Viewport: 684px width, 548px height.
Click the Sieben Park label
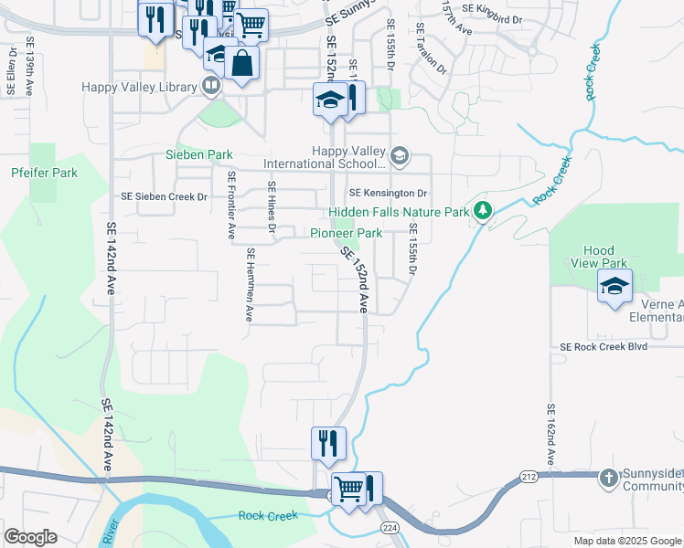(198, 154)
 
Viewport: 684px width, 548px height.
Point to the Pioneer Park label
(346, 233)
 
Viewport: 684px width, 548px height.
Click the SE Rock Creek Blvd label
(603, 347)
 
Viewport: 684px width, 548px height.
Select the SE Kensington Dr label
(389, 194)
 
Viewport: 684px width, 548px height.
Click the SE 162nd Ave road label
(550, 437)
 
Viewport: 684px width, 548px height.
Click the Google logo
(30, 537)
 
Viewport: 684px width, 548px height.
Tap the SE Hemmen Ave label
(248, 287)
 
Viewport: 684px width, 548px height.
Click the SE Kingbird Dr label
(492, 7)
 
